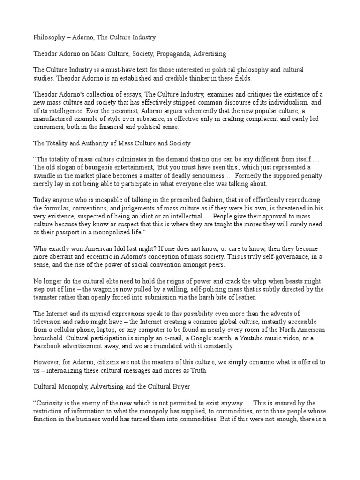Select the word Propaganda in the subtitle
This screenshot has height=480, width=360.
coord(176,54)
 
